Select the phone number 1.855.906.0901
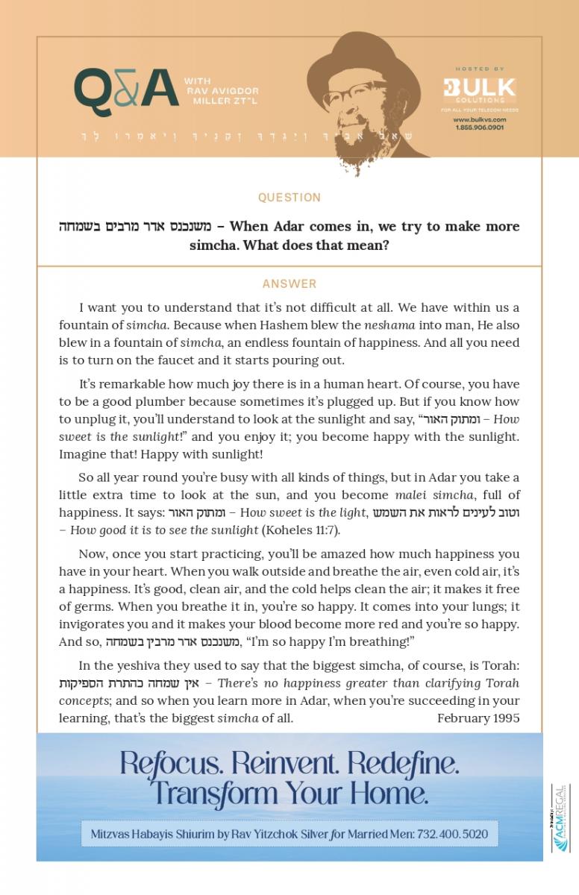point(479,128)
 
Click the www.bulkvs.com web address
point(479,119)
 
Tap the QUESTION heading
point(289,198)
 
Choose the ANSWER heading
point(289,284)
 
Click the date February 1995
point(478,718)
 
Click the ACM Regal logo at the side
point(560,817)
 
